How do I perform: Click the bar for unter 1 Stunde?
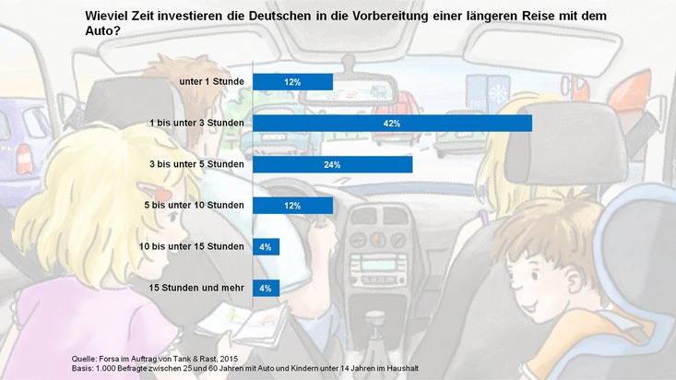tap(292, 82)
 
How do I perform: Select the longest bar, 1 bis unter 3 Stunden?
tap(392, 123)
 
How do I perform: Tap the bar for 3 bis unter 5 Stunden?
tap(332, 164)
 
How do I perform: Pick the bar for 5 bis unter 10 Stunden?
tap(292, 206)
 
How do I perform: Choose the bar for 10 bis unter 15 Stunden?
tap(266, 246)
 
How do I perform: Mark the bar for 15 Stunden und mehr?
tap(266, 288)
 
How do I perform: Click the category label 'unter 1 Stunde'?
tap(211, 82)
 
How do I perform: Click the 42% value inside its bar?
tap(392, 123)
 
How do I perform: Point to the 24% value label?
tap(332, 164)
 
